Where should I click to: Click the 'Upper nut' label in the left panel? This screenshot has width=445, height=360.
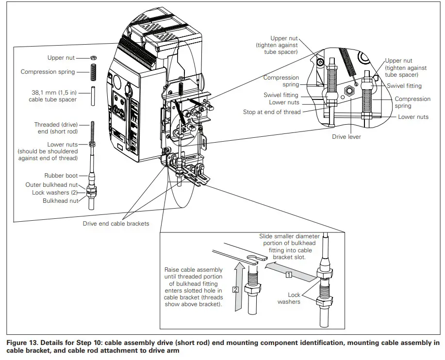[x=61, y=58]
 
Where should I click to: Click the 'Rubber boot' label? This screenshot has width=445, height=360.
[x=61, y=176]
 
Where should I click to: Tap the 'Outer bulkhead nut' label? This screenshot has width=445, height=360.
[x=51, y=185]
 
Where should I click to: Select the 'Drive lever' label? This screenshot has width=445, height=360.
[x=346, y=137]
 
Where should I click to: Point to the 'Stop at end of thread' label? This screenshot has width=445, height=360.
[x=272, y=112]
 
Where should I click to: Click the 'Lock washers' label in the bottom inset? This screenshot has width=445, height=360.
[x=289, y=298]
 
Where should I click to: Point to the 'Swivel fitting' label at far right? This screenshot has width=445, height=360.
[x=404, y=86]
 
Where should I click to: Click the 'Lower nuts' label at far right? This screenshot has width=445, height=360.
[x=413, y=117]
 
